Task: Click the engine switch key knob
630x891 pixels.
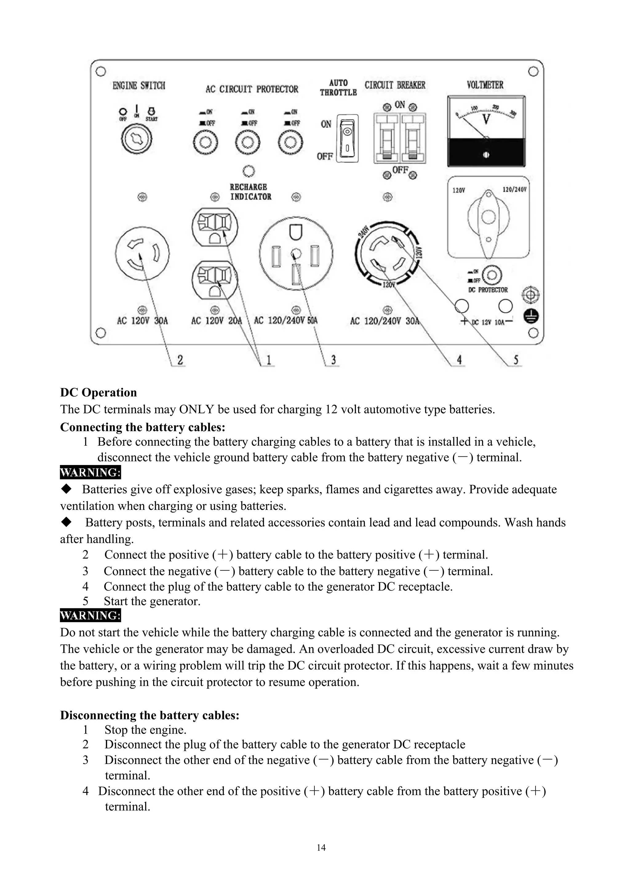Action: coord(137,139)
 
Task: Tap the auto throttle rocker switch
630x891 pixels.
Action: coord(347,138)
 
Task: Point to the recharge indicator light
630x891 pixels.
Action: coord(249,171)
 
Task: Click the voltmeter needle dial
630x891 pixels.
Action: coord(486,118)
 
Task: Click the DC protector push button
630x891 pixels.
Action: coord(492,275)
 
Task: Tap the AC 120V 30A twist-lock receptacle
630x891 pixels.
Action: coord(142,253)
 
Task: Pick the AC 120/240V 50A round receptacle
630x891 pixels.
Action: coord(296,253)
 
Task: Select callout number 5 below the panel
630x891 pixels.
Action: coord(516,360)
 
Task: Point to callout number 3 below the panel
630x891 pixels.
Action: coord(333,360)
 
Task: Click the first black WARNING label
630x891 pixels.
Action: coord(90,472)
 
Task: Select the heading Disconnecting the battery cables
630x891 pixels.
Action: coord(150,715)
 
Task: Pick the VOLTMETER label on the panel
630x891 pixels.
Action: coord(485,85)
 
